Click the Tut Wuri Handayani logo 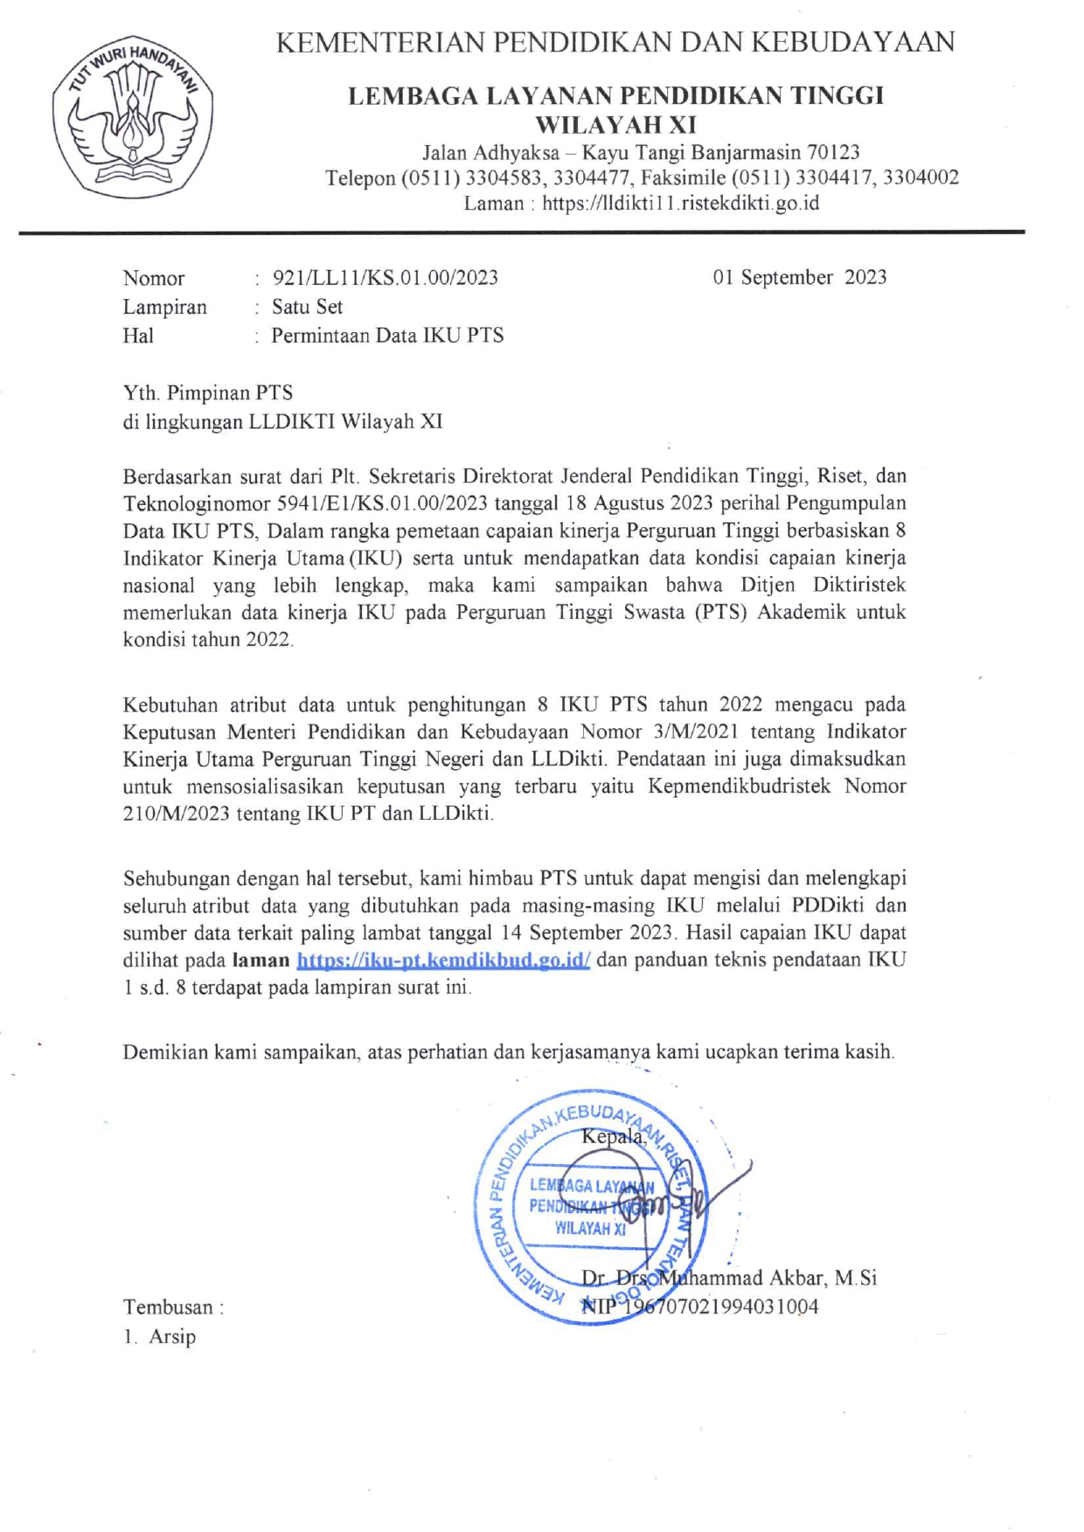(x=132, y=115)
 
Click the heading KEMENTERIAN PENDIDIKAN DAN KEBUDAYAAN (x=615, y=41)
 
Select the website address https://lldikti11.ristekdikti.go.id (x=680, y=204)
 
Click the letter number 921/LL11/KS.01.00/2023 (x=385, y=278)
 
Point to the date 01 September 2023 (x=799, y=277)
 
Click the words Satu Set (x=307, y=307)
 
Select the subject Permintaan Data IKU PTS (x=387, y=336)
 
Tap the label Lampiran (x=164, y=307)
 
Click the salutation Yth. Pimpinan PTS (x=207, y=392)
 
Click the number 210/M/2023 (x=177, y=814)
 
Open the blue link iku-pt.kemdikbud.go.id (x=443, y=960)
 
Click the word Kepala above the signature (x=613, y=1136)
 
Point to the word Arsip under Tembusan (x=172, y=1336)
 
